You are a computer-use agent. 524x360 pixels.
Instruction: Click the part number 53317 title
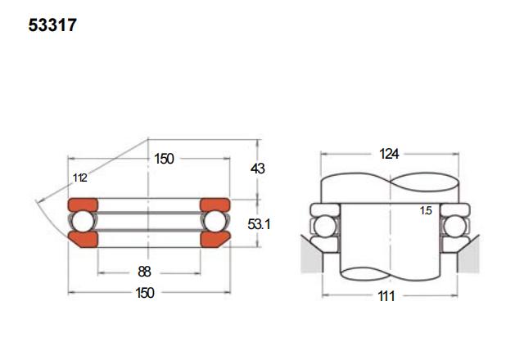coord(52,25)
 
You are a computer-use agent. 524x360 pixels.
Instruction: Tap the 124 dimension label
coord(389,154)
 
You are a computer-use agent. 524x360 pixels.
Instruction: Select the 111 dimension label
coord(386,296)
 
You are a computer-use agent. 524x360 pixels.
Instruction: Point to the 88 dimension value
coord(144,272)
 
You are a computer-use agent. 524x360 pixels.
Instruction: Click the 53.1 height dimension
coord(259,224)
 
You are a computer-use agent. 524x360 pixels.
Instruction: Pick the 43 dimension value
coord(258,169)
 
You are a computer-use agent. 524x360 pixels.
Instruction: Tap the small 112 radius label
coord(80,178)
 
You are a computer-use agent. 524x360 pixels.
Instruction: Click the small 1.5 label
coord(426,211)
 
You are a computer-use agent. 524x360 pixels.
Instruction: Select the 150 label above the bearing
coord(164,159)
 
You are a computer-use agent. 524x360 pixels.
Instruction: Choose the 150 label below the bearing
coord(145,293)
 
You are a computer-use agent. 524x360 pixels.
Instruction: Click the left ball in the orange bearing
coord(83,222)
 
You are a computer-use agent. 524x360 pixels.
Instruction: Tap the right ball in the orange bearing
coord(215,222)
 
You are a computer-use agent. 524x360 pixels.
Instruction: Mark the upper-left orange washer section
coord(83,205)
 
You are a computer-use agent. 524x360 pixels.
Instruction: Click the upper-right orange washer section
coord(215,205)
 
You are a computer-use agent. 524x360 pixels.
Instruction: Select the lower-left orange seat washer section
coord(84,240)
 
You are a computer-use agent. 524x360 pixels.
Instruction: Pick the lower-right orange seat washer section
coord(215,240)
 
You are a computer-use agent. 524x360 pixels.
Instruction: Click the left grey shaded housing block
coord(311,255)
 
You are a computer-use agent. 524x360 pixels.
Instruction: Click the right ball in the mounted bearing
coord(455,227)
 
